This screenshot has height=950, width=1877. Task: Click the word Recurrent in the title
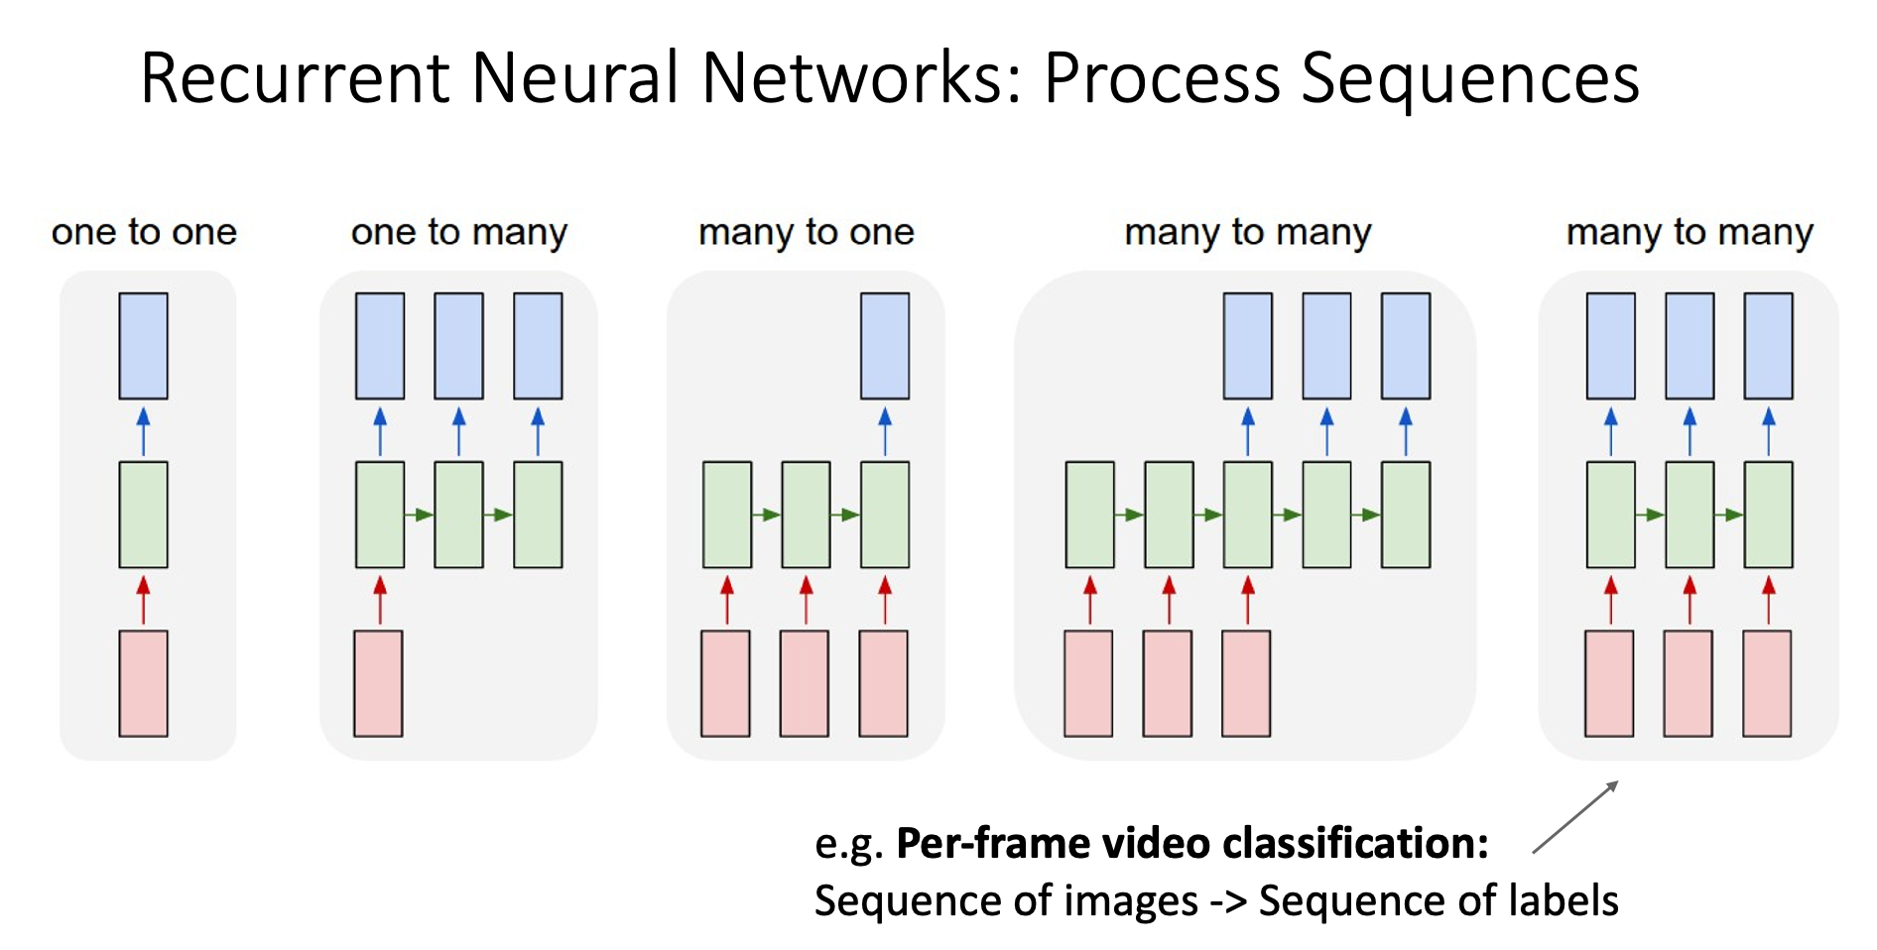coord(295,78)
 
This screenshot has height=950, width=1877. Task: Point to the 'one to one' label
coord(144,232)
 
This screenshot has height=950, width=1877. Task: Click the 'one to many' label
coord(459,232)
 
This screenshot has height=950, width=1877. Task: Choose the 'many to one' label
coord(806,232)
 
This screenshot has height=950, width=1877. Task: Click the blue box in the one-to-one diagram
coord(143,346)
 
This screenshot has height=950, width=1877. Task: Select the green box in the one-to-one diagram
coord(143,515)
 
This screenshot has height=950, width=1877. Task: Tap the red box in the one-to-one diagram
coord(143,683)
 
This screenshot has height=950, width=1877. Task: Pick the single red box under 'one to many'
coord(378,683)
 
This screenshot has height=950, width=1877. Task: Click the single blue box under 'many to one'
coord(885,346)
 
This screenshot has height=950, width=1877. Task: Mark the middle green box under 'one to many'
coord(458,515)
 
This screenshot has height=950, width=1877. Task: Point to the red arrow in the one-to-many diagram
coord(380,600)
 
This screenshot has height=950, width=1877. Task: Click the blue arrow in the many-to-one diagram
coord(885,431)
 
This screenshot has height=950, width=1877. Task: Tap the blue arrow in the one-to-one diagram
coord(143,431)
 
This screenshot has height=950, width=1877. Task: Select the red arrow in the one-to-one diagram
coord(143,600)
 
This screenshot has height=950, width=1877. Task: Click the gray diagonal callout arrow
coord(1575,816)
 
